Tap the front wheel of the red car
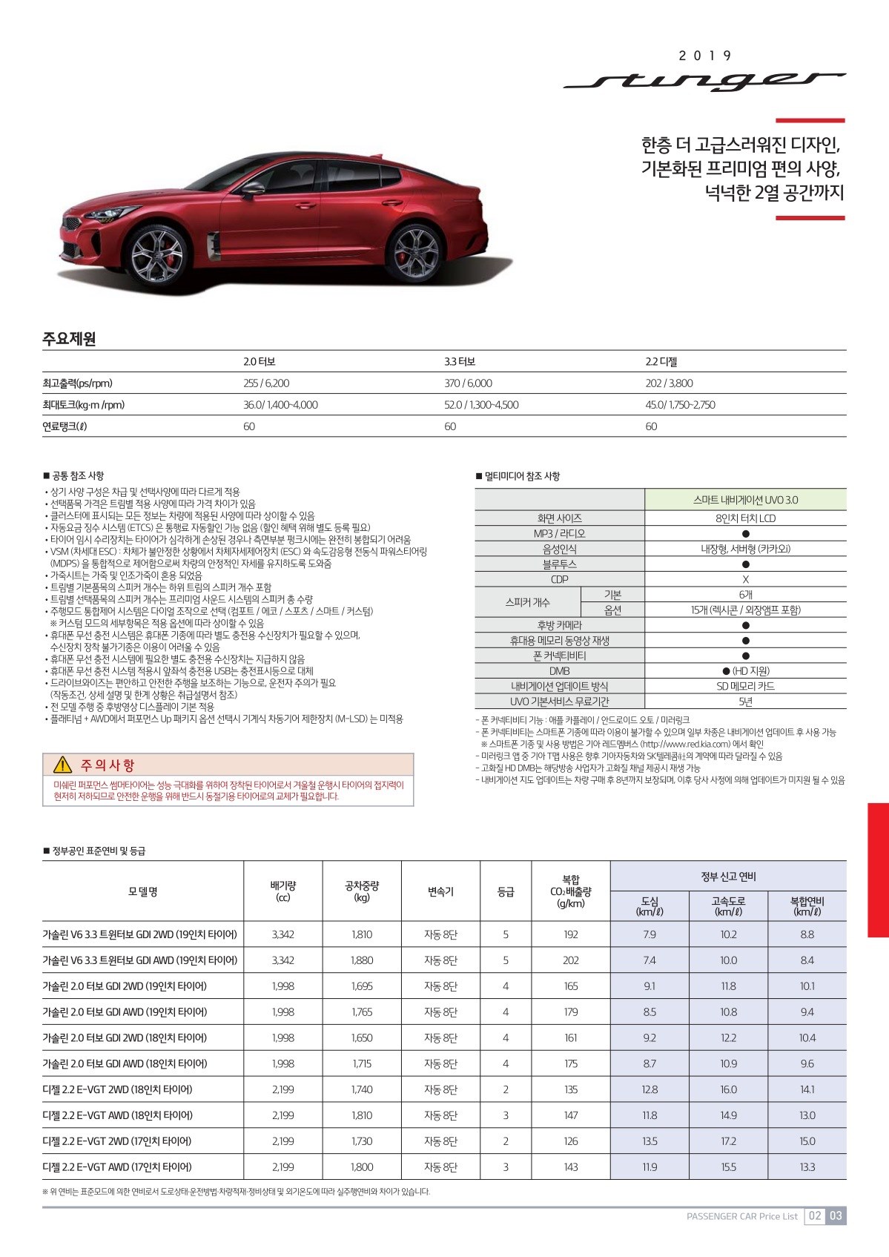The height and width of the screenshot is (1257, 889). (158, 254)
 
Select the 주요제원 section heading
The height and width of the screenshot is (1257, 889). (69, 339)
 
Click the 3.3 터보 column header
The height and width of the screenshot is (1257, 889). (460, 362)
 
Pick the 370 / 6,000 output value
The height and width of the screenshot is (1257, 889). (468, 383)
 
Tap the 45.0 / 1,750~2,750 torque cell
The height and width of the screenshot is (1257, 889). (680, 405)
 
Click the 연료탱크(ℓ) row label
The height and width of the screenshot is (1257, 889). (65, 426)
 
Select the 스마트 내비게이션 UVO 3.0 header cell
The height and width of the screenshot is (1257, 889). (745, 500)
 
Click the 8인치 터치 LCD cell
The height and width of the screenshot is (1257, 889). (745, 518)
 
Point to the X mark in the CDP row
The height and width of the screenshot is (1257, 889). (745, 579)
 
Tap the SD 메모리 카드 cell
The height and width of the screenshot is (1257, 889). (745, 686)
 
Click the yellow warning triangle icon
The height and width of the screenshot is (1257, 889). (62, 765)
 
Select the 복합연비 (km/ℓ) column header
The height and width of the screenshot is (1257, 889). (807, 905)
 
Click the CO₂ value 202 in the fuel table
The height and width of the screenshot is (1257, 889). (570, 960)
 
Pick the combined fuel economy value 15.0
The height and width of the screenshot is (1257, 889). (807, 1141)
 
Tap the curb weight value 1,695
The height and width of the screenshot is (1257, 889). (362, 986)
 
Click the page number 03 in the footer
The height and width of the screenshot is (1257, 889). (836, 1215)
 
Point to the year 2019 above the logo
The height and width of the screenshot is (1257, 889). (704, 56)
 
